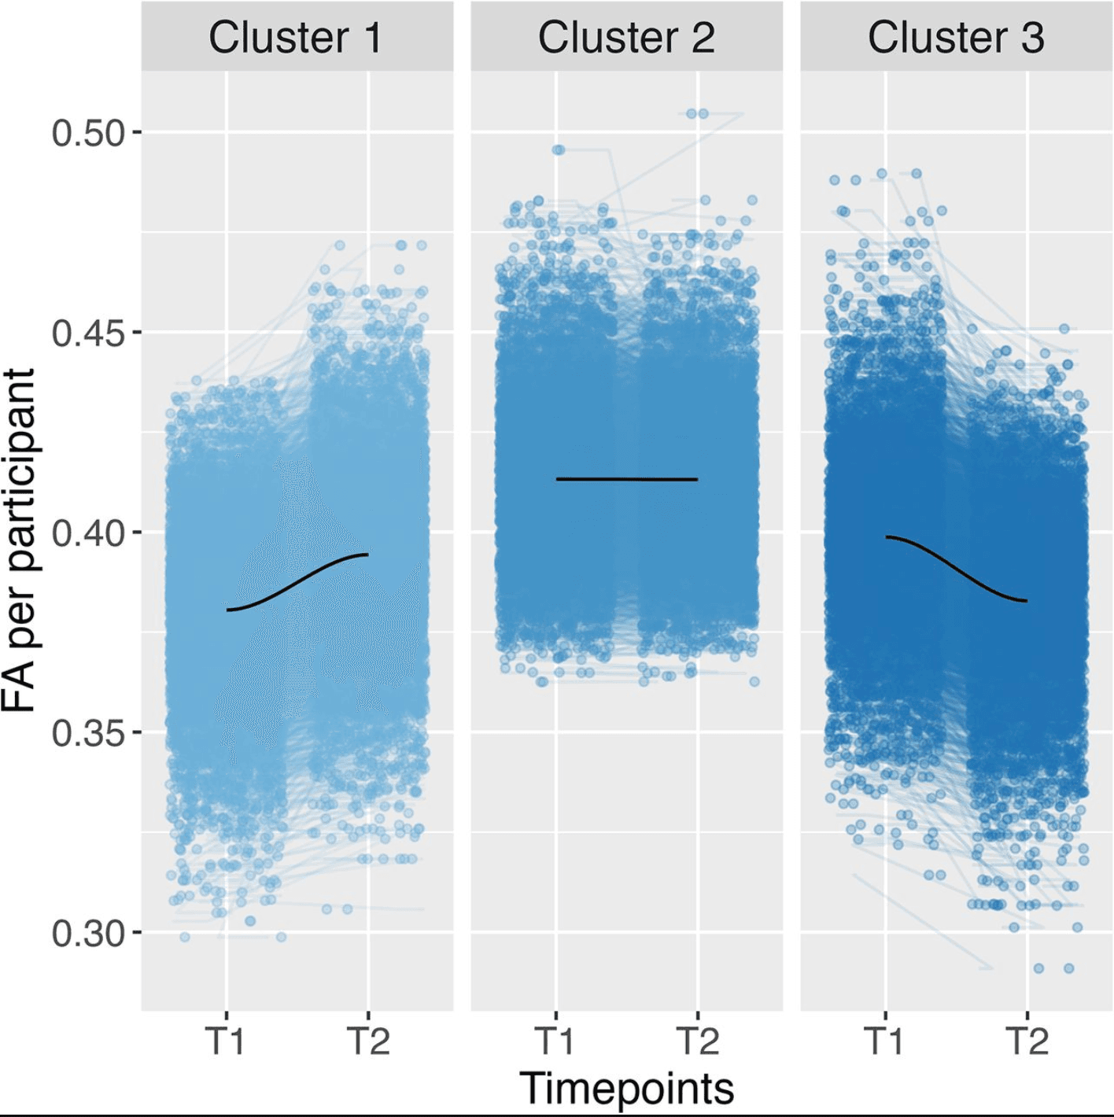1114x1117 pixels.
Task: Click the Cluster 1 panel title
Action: coord(295,38)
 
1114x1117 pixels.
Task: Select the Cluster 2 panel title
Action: coord(626,38)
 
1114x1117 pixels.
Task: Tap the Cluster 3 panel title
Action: coord(956,38)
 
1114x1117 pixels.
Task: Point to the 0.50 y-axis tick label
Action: coord(88,133)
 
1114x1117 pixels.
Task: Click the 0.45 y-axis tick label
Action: coord(88,333)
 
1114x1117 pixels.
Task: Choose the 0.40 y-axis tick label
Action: coord(88,533)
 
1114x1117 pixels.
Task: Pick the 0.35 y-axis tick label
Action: coord(88,733)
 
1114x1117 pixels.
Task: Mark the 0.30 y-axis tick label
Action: coord(88,934)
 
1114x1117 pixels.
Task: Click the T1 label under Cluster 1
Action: coord(227,1041)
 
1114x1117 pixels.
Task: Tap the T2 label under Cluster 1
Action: coord(368,1041)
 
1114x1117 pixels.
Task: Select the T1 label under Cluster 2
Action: coord(555,1041)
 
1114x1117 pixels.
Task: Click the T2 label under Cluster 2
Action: coord(697,1041)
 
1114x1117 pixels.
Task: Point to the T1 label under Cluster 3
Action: coord(885,1041)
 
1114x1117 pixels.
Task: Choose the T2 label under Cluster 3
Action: coord(1027,1041)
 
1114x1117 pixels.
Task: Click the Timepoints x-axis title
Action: coord(626,1089)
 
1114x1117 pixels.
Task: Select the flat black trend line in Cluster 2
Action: coord(626,479)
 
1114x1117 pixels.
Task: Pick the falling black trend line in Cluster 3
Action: coord(956,569)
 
